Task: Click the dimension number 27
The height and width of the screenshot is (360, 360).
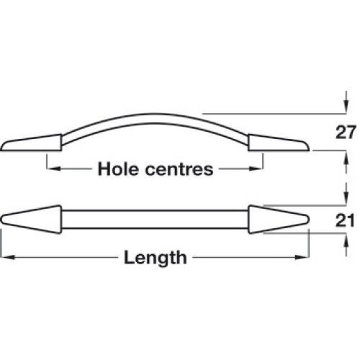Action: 345,132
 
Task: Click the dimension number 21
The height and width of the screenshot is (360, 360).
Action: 345,220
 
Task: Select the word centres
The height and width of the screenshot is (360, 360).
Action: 179,169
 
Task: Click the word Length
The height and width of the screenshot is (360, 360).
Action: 156,258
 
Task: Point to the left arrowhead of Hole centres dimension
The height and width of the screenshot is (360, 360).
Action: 53,168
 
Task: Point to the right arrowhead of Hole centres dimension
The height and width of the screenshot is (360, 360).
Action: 256,168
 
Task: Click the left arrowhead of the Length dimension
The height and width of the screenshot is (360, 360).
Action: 9,258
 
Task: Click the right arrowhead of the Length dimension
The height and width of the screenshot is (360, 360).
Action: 302,258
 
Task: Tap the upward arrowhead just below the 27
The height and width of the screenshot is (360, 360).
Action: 346,158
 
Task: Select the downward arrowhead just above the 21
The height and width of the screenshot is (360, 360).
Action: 346,198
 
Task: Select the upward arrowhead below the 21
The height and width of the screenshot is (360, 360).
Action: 346,240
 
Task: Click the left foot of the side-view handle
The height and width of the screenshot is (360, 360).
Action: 31,143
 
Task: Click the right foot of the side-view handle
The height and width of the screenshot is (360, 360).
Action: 279,143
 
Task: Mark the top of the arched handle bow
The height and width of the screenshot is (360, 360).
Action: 153,114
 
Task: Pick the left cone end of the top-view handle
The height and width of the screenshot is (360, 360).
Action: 31,220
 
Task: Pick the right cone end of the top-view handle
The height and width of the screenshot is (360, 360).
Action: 279,220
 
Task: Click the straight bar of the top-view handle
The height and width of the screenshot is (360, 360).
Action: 155,220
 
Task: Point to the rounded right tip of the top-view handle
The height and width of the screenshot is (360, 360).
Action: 308,220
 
